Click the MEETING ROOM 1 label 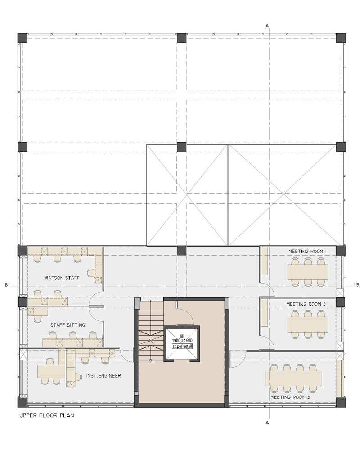pos(307,252)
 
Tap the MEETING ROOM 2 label pos(306,304)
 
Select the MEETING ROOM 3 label pos(290,397)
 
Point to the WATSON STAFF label pos(62,278)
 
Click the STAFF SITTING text pos(67,325)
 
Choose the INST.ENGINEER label pos(103,375)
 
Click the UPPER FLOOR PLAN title pos(46,415)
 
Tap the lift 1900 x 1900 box pos(182,343)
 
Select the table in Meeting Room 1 pos(307,272)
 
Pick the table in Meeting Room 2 pos(307,324)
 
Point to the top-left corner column pos(22,38)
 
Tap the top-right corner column pos(341,38)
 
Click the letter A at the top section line pos(267,26)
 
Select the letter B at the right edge pos(357,285)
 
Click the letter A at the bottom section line pos(267,423)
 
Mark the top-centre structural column pos(181,38)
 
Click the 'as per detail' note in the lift pos(182,346)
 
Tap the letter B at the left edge pos(7,285)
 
